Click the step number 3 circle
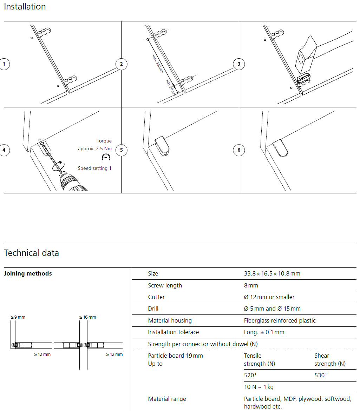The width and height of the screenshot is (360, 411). (x=239, y=64)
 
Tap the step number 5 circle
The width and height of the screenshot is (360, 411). (x=121, y=150)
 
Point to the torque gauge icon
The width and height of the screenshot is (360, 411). (x=106, y=157)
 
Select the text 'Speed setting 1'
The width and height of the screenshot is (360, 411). (x=94, y=168)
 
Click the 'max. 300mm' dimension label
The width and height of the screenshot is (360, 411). (x=158, y=64)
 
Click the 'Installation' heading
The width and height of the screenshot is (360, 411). (x=25, y=7)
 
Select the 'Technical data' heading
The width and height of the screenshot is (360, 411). (x=31, y=253)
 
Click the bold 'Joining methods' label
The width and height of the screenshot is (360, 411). (x=28, y=274)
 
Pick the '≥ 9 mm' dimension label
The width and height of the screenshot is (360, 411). (x=18, y=317)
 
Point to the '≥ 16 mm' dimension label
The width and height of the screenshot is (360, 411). (x=87, y=317)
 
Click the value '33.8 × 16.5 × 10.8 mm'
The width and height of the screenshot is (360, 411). (x=272, y=274)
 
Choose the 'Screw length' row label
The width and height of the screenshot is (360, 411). (x=165, y=285)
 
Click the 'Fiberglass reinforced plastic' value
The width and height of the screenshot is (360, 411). (x=280, y=320)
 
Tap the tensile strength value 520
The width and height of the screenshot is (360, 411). (x=250, y=375)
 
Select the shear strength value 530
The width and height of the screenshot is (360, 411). (x=320, y=375)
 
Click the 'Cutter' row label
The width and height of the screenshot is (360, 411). (x=156, y=297)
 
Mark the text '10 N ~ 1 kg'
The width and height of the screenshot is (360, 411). (x=258, y=387)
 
